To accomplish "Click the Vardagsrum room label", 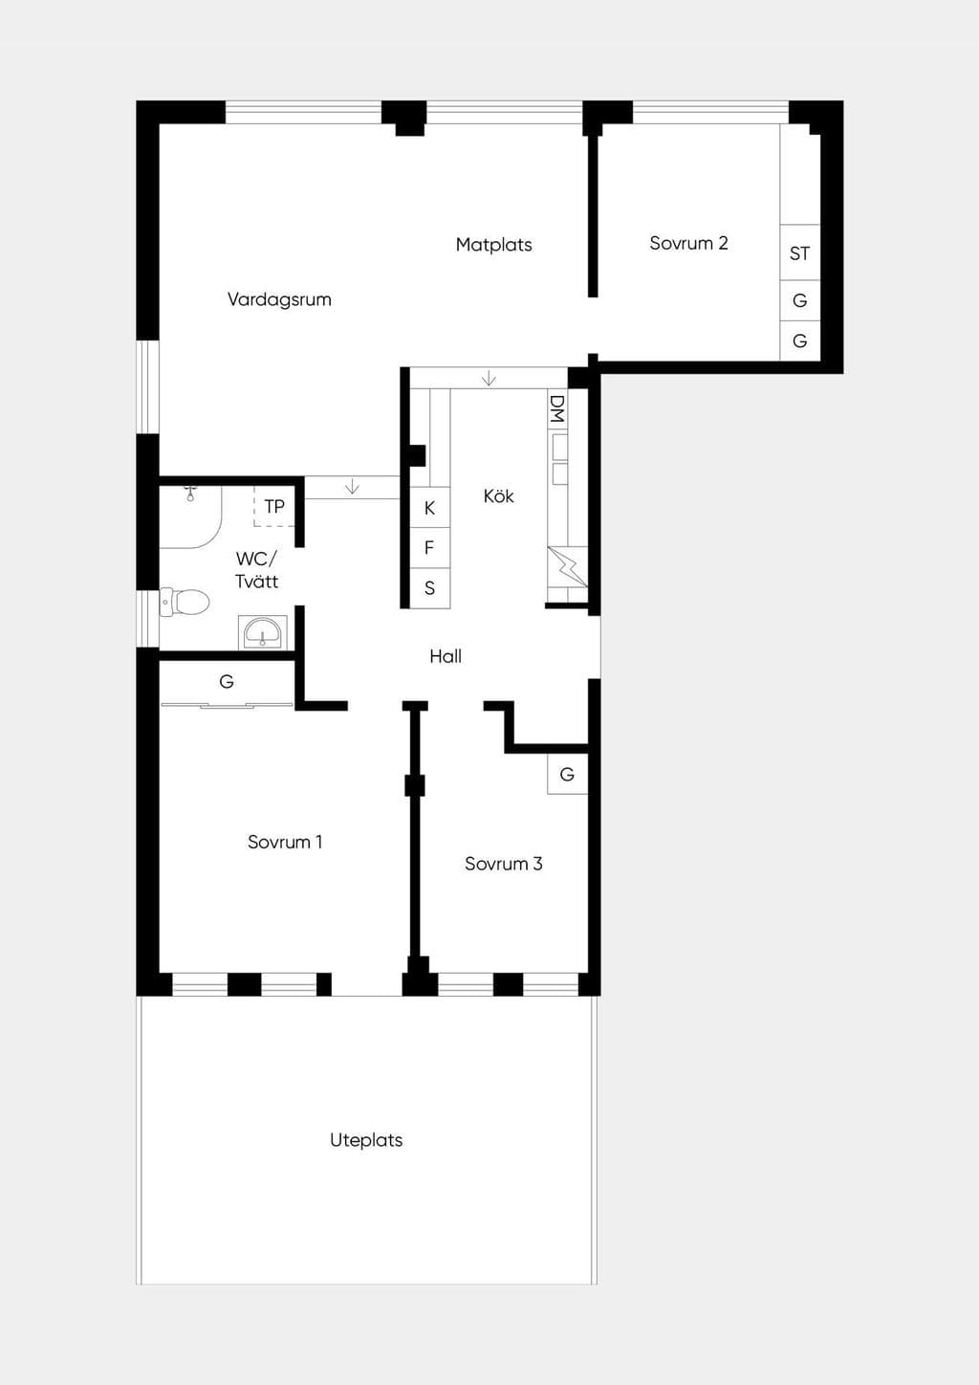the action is pos(279,300).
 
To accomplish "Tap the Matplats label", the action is pos(494,245).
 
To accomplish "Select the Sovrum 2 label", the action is pos(688,243).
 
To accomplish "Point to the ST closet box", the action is pos(800,253).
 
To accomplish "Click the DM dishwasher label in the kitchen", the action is pos(557,409).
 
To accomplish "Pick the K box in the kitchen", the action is pos(429,508).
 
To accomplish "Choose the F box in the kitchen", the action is pos(429,548).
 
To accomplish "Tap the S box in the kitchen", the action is pos(429,588).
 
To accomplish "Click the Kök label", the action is pos(499,495).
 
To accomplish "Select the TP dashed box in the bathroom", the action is pos(274,506).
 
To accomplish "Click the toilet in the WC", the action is pos(185,602).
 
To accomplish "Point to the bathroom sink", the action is pos(263,632).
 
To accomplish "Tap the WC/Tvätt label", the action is pos(256,570).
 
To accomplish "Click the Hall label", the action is pos(446,656).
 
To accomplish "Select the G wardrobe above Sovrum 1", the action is pos(227,683).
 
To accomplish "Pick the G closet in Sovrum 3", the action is pos(567,774).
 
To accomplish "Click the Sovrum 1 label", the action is pos(285,842).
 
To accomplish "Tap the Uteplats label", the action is pos(366,1140).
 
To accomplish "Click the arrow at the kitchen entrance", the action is pos(489,378).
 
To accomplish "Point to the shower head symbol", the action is pos(190,494).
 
